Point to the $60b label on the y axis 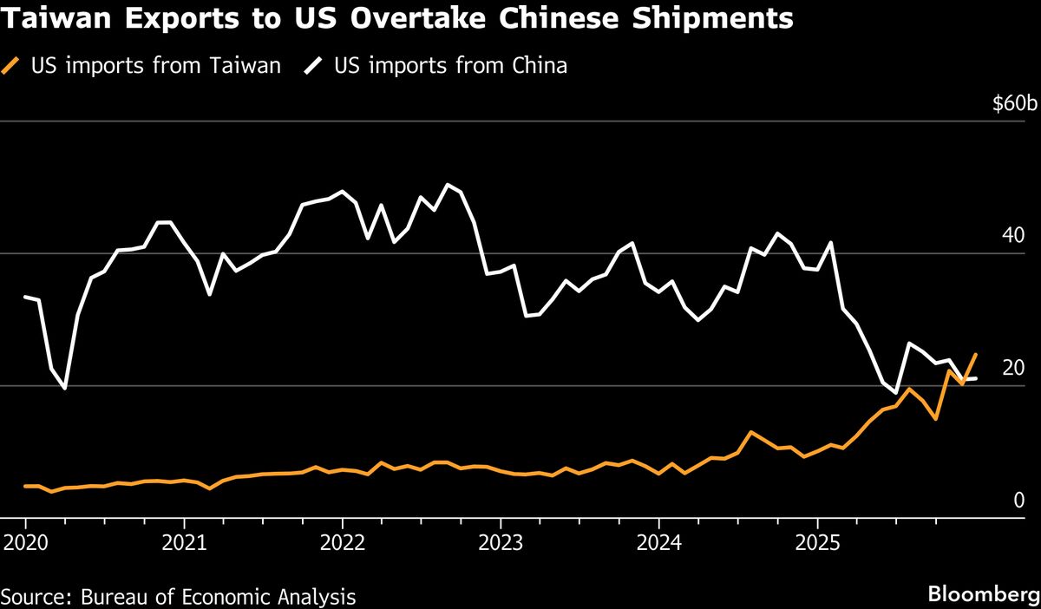1014,104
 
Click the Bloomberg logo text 982,595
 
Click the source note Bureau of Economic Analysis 218,597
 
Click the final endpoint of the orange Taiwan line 976,354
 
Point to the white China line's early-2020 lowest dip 65,388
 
